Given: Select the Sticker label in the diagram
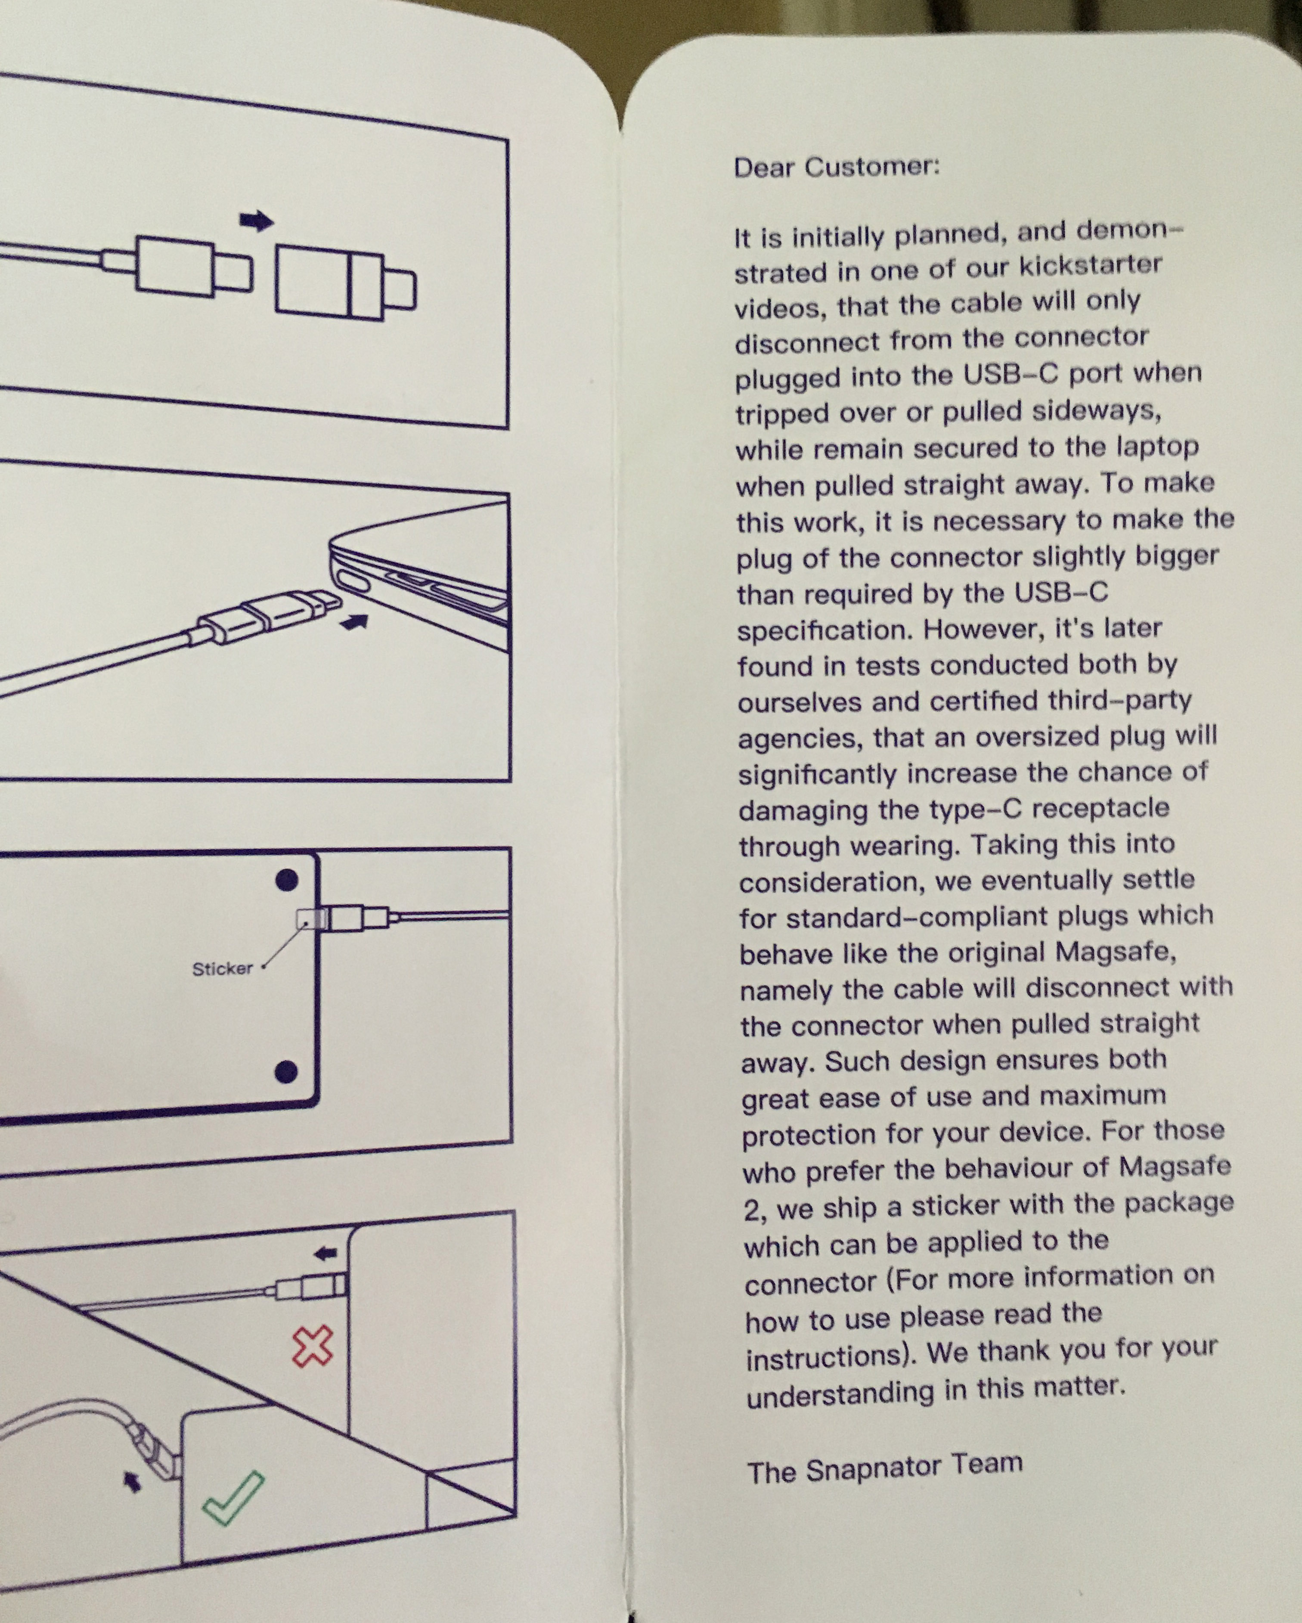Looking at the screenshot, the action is [x=222, y=969].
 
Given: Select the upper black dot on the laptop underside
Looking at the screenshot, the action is [x=287, y=880].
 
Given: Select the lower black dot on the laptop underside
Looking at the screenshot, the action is [x=286, y=1072].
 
